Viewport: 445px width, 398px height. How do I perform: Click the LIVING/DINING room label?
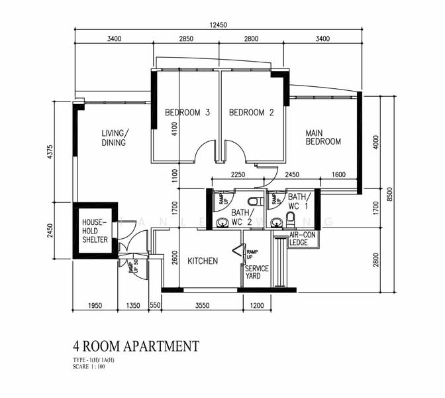[x=114, y=137]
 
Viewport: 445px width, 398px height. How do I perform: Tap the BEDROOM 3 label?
[x=187, y=113]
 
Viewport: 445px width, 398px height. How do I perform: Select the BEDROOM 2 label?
[x=251, y=113]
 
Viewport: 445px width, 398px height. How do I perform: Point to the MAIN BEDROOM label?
[x=323, y=137]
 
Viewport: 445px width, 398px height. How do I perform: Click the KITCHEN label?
[x=203, y=261]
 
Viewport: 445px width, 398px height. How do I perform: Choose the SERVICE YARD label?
[x=257, y=272]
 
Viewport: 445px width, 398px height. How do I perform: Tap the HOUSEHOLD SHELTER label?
[x=95, y=231]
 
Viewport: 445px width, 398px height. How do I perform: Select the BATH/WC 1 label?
[x=299, y=202]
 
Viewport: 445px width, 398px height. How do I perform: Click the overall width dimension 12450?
[x=219, y=25]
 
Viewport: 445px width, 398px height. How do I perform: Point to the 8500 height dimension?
[x=390, y=193]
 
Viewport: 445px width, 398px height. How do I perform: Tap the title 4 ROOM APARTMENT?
[x=136, y=346]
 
